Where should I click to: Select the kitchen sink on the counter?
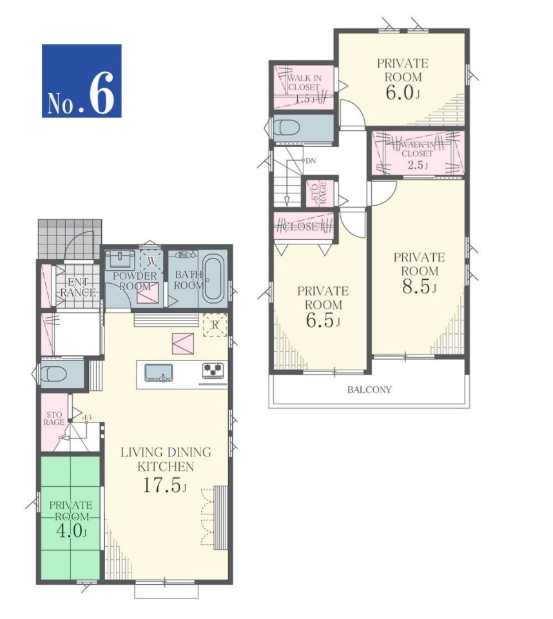tap(159, 373)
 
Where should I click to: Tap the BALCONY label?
tap(369, 389)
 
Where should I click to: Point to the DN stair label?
tap(311, 161)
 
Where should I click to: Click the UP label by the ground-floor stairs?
tap(86, 417)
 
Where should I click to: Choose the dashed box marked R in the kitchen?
tap(215, 325)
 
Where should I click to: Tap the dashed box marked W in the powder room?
tap(152, 260)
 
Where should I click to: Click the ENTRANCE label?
tap(78, 287)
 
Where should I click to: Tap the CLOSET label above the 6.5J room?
tap(304, 226)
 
